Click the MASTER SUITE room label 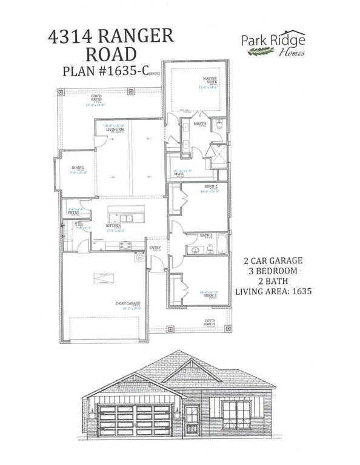(x=210, y=81)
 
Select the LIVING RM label (x=115, y=129)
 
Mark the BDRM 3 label (x=209, y=295)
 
